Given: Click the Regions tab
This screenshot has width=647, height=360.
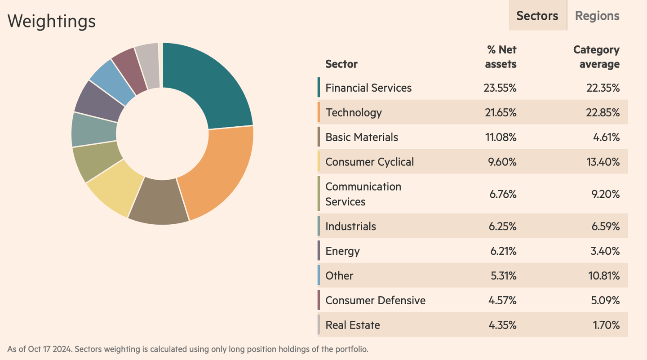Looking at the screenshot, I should pyautogui.click(x=597, y=16).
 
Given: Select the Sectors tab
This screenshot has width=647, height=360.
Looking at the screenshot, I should pyautogui.click(x=537, y=16).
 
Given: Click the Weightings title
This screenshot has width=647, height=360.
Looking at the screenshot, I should pyautogui.click(x=52, y=21).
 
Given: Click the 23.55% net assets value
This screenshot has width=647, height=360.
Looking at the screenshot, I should pyautogui.click(x=500, y=88).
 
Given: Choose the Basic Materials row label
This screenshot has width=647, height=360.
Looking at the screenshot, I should pyautogui.click(x=362, y=137).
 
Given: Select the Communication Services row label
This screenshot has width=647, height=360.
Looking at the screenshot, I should pyautogui.click(x=363, y=194).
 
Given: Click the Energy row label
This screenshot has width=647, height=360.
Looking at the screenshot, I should pyautogui.click(x=342, y=251).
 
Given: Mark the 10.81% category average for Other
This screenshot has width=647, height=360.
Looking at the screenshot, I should pyautogui.click(x=604, y=276).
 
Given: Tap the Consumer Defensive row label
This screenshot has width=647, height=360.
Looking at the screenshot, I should pyautogui.click(x=375, y=300).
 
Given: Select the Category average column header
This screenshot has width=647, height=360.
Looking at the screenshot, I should pyautogui.click(x=596, y=57).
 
